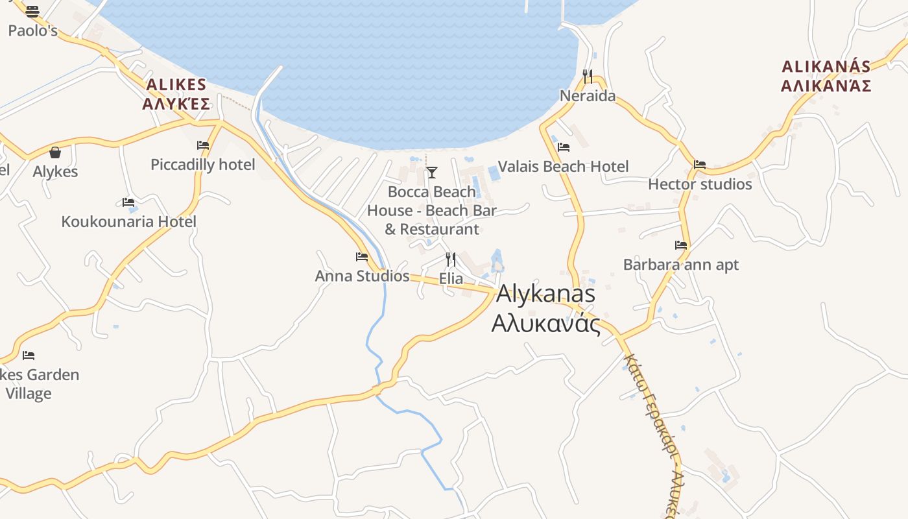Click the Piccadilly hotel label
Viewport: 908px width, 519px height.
(x=202, y=165)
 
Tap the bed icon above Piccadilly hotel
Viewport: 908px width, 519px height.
(x=203, y=145)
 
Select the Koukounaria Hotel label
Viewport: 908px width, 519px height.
(x=128, y=222)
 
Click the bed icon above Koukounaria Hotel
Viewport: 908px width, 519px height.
(x=128, y=202)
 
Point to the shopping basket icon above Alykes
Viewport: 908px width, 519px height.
(x=55, y=152)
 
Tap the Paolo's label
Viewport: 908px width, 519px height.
(x=32, y=30)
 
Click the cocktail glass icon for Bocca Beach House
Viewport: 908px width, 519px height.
(x=431, y=172)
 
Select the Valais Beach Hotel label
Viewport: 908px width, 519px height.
(x=563, y=167)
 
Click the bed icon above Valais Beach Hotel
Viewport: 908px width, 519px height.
(x=564, y=147)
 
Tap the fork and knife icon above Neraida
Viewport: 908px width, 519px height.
(x=588, y=77)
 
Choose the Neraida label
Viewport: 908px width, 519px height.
(x=588, y=97)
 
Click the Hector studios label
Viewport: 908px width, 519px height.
(x=700, y=184)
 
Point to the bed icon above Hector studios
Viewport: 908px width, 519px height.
(x=700, y=165)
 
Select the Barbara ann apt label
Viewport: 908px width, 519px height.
(x=681, y=265)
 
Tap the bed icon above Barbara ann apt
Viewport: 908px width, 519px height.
(x=681, y=245)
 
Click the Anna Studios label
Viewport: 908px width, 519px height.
(x=362, y=276)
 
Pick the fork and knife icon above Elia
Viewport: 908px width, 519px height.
(x=451, y=259)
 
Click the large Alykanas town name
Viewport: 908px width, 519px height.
(x=545, y=308)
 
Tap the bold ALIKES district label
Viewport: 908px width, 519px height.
(x=176, y=94)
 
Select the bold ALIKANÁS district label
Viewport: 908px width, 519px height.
(x=826, y=76)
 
